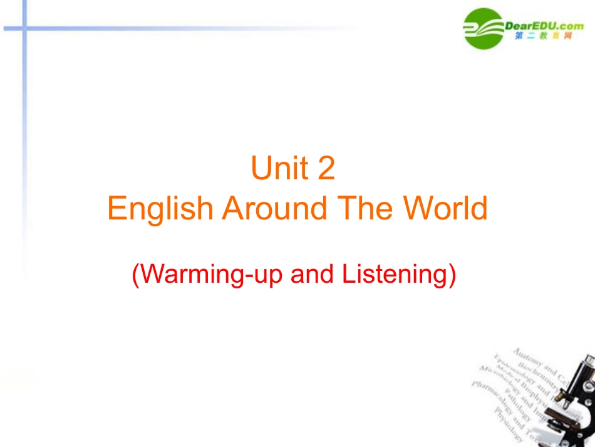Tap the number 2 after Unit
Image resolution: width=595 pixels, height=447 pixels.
click(326, 169)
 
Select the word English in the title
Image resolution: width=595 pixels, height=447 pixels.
click(160, 208)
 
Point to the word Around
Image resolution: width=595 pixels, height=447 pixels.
click(275, 208)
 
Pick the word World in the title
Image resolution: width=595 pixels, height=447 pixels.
click(447, 208)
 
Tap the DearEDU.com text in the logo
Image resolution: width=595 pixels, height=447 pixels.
click(544, 24)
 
